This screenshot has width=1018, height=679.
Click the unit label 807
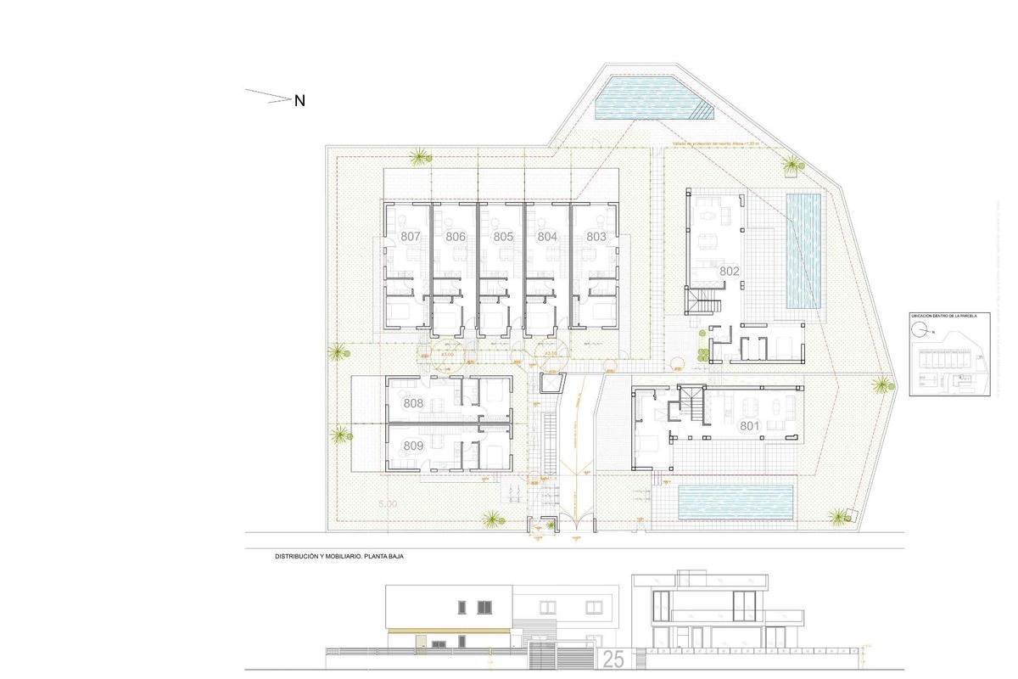click(x=411, y=237)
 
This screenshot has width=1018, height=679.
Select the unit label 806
click(x=456, y=237)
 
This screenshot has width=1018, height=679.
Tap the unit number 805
click(x=503, y=237)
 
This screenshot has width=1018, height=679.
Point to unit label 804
click(x=547, y=237)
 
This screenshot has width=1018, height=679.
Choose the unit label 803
click(x=596, y=237)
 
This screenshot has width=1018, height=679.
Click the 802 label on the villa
click(x=730, y=272)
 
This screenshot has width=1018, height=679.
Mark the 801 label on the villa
click(x=749, y=425)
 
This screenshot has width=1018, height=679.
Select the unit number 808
click(x=413, y=404)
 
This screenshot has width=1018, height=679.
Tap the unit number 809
click(x=413, y=446)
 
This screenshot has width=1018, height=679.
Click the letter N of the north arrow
click(x=299, y=101)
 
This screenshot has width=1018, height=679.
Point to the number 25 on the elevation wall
click(x=614, y=658)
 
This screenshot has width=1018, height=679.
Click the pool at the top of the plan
click(x=649, y=98)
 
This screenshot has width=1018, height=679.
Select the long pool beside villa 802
click(x=803, y=250)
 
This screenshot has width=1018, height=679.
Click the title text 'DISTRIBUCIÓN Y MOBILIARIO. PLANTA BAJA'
click(x=338, y=558)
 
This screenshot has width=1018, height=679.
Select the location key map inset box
click(x=948, y=353)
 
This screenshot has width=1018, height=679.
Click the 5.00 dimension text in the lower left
click(x=387, y=504)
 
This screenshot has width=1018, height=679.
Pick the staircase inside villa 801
click(x=694, y=403)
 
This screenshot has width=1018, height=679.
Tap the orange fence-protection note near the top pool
click(x=713, y=144)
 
